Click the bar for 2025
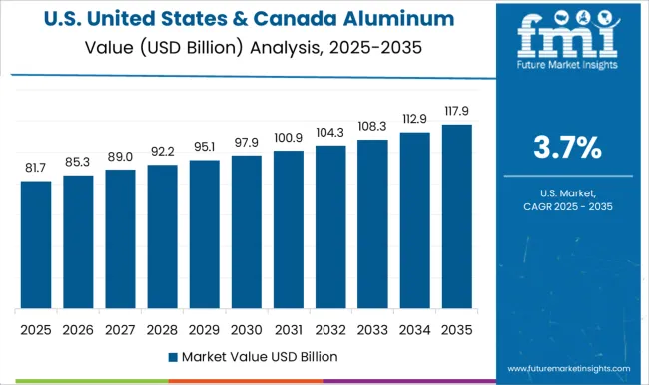(x=36, y=244)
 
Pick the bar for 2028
(x=162, y=236)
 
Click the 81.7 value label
(x=36, y=168)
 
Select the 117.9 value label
(x=457, y=111)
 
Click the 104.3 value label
(x=330, y=132)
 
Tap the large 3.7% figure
(x=567, y=149)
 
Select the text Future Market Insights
(x=566, y=72)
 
